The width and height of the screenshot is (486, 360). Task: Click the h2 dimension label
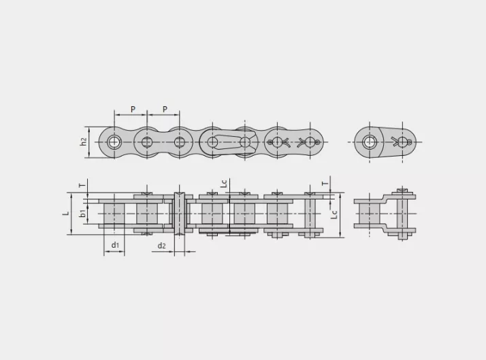[x=83, y=142]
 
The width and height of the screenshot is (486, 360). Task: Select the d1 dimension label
[x=115, y=245]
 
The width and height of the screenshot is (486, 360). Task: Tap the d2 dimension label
[x=162, y=246]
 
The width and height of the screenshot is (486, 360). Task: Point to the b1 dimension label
[x=82, y=213]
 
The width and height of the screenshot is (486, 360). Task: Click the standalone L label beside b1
[x=66, y=213]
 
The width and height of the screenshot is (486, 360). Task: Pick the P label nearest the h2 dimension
[x=133, y=110]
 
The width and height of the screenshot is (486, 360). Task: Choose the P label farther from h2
[x=165, y=110]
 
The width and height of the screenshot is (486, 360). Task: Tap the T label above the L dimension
[x=82, y=185]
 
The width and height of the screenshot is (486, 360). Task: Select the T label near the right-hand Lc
[x=325, y=184]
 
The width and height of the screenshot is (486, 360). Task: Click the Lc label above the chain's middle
[x=224, y=184]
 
